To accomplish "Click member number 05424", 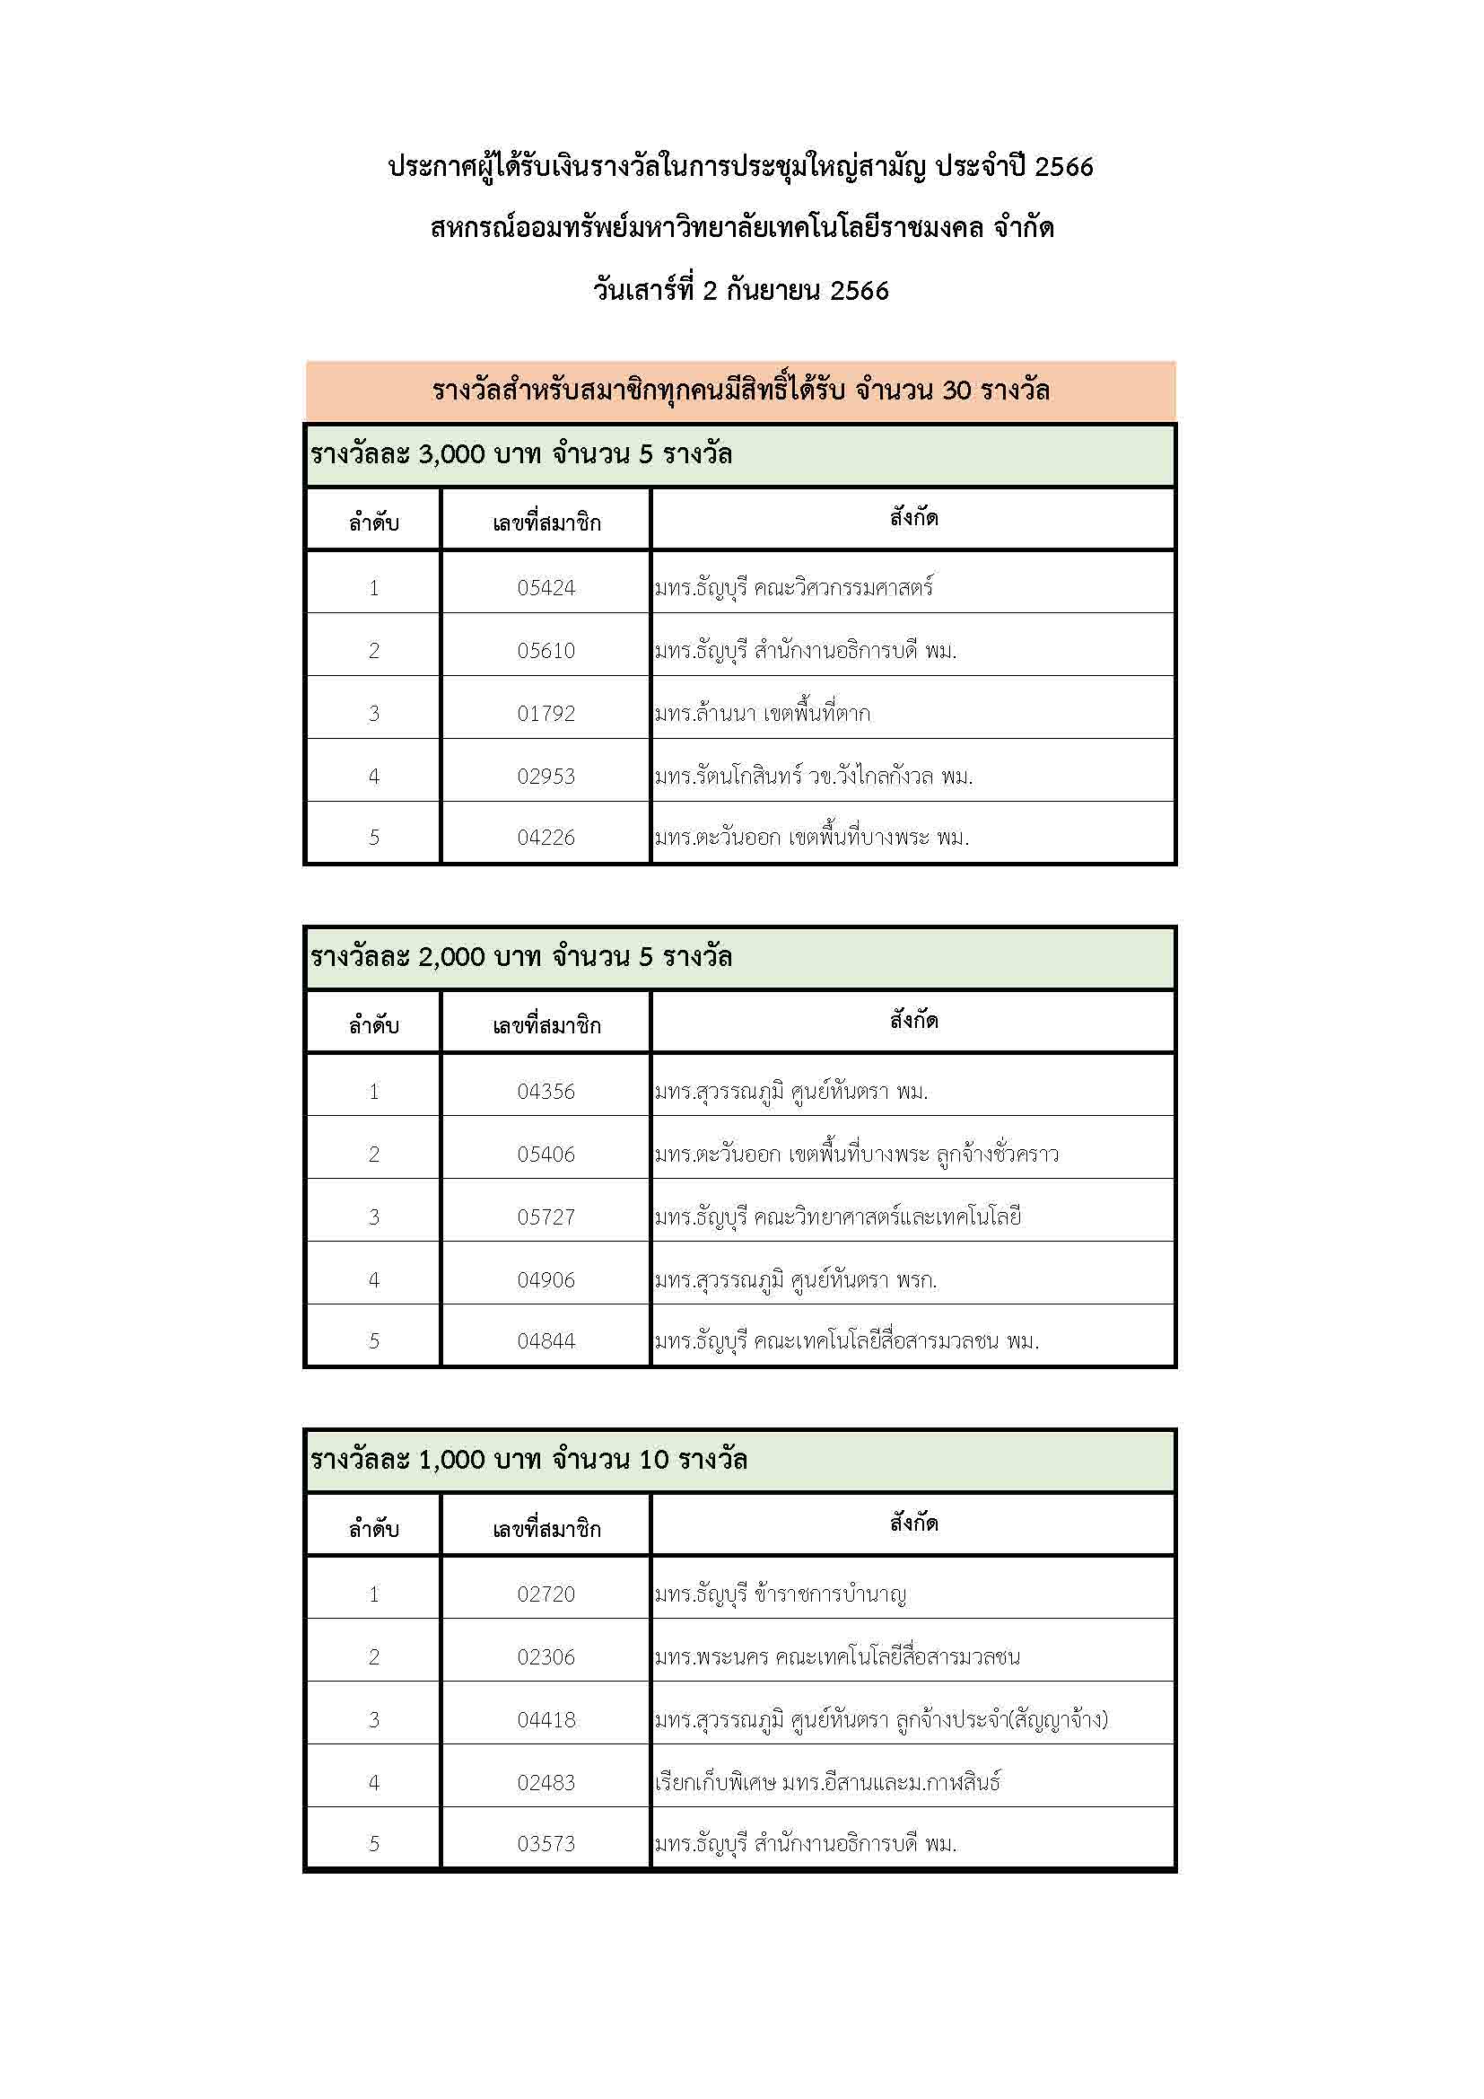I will tap(546, 587).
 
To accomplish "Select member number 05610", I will tap(546, 650).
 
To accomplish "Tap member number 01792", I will tap(546, 713).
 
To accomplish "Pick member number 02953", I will tap(546, 777).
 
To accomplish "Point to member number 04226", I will tap(546, 837).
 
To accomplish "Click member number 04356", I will tap(546, 1091).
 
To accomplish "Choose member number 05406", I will tap(546, 1154).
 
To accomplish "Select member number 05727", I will tap(546, 1216).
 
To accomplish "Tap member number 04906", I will tap(546, 1280).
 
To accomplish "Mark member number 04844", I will tap(546, 1340).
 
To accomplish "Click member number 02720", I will tap(546, 1594).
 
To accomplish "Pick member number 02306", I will tap(546, 1656).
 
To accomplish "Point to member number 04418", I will tap(546, 1719).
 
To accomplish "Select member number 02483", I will tap(546, 1782).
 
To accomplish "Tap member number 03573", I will tap(546, 1843).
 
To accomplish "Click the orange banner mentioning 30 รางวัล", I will tap(740, 391).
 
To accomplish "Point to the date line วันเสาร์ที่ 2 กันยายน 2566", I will tap(740, 291).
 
